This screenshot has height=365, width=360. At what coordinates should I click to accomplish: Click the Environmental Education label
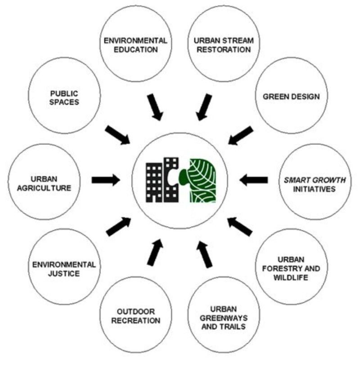135,45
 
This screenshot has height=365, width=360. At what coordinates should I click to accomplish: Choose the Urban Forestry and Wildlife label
290,268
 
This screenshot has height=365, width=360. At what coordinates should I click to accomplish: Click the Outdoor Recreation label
136,316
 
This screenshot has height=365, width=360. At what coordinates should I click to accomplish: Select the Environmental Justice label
63,268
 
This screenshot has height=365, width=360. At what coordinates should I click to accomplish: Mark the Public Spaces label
64,97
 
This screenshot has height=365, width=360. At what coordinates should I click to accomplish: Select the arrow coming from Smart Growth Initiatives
254,180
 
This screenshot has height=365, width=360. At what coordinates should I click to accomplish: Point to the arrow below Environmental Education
154,107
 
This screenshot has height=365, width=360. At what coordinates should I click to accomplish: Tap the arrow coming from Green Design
240,135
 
